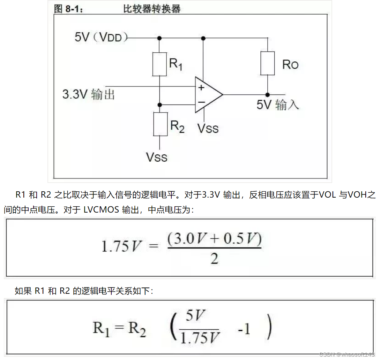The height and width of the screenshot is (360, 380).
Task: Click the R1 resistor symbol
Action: click(159, 63)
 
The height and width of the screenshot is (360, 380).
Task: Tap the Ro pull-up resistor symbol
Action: click(268, 63)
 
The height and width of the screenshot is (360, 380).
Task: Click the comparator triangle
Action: click(208, 94)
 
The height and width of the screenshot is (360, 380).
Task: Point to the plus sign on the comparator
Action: click(201, 88)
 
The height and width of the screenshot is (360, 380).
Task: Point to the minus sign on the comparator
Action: click(201, 102)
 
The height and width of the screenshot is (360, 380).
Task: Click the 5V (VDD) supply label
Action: click(101, 37)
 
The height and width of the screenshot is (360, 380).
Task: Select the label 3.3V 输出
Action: click(89, 94)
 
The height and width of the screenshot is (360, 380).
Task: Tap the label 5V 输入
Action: click(278, 105)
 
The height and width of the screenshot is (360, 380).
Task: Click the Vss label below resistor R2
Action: click(157, 157)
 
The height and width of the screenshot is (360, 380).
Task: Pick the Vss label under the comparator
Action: click(208, 128)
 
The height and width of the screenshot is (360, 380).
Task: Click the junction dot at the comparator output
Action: click(268, 94)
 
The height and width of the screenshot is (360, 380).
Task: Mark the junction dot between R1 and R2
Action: click(159, 104)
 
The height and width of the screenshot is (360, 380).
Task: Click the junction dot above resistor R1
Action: click(159, 38)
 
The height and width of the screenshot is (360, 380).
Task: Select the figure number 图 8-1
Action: click(69, 9)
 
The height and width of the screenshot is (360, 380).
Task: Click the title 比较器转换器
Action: click(152, 9)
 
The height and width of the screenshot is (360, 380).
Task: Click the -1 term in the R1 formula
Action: click(244, 329)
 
